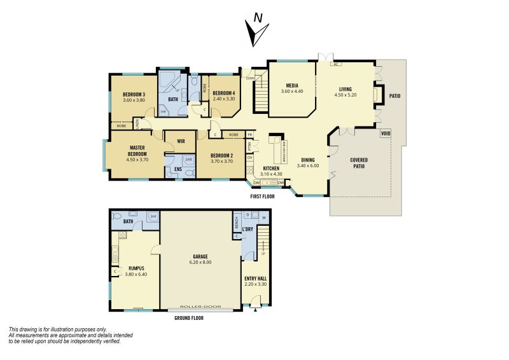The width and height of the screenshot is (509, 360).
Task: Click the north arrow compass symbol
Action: click(256, 32)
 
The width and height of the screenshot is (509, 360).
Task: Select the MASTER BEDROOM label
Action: click(137, 151)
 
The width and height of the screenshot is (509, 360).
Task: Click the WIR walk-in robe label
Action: click(181, 141)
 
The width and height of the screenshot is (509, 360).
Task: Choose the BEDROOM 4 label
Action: click(223, 93)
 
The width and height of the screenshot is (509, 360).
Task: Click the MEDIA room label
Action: click(293, 85)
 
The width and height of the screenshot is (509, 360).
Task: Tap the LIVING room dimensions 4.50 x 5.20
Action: click(345, 95)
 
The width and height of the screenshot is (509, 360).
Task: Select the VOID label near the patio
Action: click(385, 134)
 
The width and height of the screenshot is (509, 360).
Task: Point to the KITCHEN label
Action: click(271, 169)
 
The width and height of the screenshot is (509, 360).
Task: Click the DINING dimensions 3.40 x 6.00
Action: click(307, 166)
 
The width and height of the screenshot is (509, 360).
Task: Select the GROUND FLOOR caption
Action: click(188, 317)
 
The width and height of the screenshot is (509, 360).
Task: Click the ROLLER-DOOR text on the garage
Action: click(200, 307)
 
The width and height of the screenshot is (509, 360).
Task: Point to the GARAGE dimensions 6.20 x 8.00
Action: click(200, 262)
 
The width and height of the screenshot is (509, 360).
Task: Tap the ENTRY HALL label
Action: click(256, 278)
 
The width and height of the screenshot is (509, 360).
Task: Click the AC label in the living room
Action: click(335, 64)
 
